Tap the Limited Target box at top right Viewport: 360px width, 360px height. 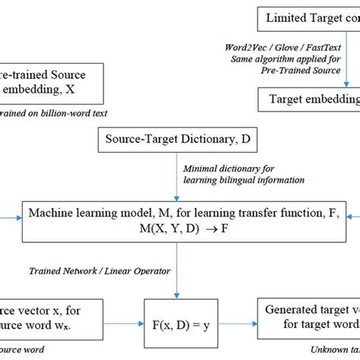(307, 16)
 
